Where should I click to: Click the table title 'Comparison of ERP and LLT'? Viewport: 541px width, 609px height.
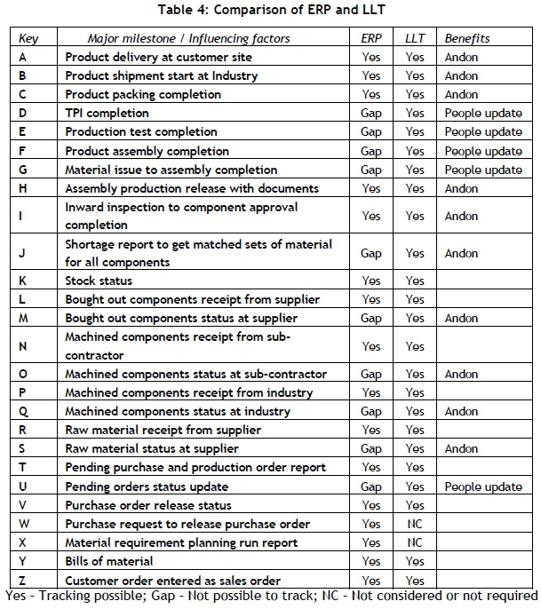coord(270,11)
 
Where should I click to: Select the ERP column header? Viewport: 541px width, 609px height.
coord(371,39)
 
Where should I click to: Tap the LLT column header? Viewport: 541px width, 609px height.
coord(415,39)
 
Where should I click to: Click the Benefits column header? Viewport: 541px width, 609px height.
coord(467,39)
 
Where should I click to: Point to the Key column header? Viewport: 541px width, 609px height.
coord(29,39)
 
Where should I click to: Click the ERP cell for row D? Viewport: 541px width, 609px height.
coord(371,114)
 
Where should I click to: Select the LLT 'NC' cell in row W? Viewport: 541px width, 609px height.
coord(415,524)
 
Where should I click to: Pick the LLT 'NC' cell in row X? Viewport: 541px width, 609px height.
coord(415,542)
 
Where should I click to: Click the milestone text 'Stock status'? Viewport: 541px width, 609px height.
coord(99,281)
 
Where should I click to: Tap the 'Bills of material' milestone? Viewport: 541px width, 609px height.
coord(109,561)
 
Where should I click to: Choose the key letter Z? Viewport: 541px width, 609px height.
coord(22,580)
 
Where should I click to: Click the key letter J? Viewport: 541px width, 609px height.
coord(21,253)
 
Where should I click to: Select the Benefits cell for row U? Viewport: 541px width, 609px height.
coord(483,486)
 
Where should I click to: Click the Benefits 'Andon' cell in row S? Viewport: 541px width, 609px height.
coord(461,449)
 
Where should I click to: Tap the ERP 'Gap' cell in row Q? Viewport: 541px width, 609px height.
coord(371,412)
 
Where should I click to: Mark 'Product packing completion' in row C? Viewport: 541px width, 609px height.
coord(143,95)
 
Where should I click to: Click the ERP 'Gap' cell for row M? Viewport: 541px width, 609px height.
coord(371,319)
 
